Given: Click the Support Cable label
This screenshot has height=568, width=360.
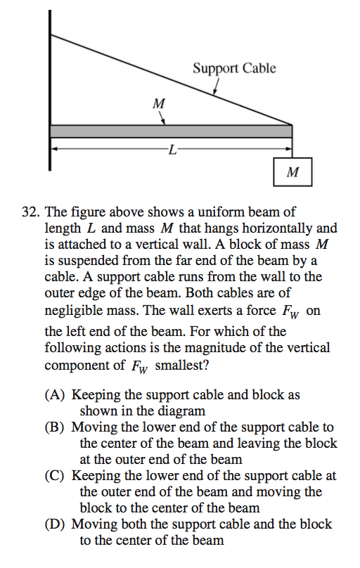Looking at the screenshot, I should [234, 68].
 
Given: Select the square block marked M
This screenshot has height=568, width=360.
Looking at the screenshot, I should [292, 171].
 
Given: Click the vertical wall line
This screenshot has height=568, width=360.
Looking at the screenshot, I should [50, 91].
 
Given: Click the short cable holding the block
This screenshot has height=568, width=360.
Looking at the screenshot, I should [292, 148].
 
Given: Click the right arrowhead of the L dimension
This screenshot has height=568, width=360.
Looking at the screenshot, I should [288, 149].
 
